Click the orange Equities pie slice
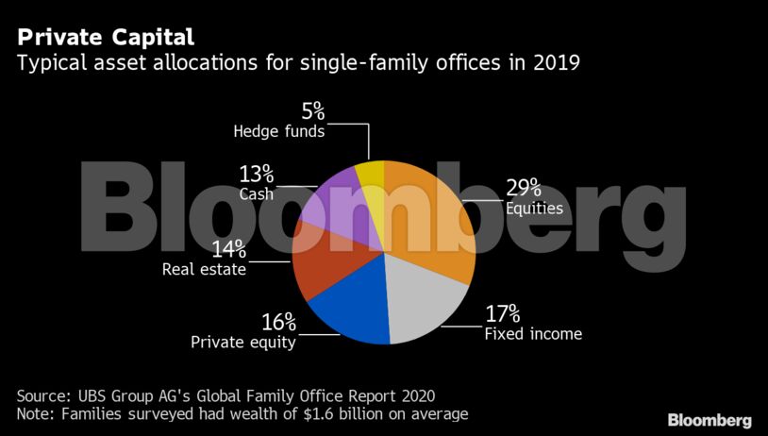(x=429, y=217)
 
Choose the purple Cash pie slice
(x=326, y=202)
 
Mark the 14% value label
(x=228, y=249)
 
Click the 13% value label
(x=256, y=173)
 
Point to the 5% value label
(x=313, y=111)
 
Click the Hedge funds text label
(x=279, y=132)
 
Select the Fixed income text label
(x=533, y=334)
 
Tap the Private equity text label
(x=243, y=343)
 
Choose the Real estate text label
(x=204, y=270)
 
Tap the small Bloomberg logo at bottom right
(x=710, y=419)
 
